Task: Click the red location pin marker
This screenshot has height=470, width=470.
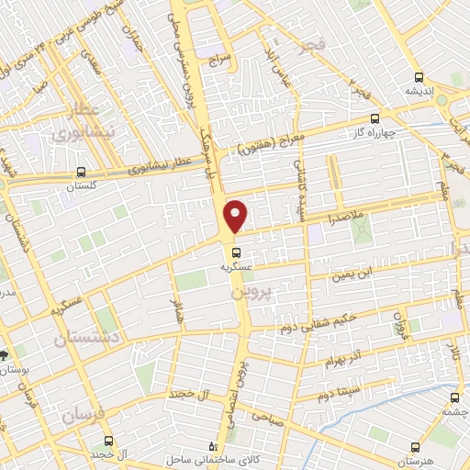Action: tap(236, 216)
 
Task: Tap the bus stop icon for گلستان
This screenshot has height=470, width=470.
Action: tap(82, 172)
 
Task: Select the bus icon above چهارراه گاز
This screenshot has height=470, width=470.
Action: tap(375, 118)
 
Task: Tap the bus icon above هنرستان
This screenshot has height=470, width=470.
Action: tap(414, 446)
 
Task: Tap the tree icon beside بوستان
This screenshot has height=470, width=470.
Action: tap(6, 354)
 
